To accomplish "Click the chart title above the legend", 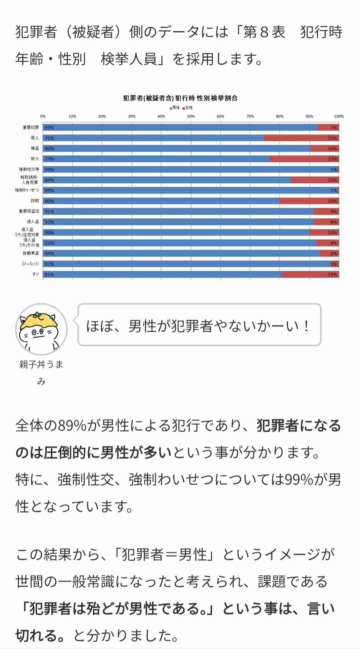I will pyautogui.click(x=180, y=98).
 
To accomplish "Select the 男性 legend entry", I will pyautogui.click(x=175, y=108).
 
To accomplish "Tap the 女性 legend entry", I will pyautogui.click(x=188, y=108).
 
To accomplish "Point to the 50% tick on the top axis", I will pyautogui.click(x=191, y=116).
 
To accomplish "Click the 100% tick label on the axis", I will pyautogui.click(x=339, y=116).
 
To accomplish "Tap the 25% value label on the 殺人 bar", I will pyautogui.click(x=332, y=138).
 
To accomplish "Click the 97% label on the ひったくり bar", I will pyautogui.click(x=49, y=264).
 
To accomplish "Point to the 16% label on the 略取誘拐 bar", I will pyautogui.click(x=332, y=180).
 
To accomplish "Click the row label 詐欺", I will pyautogui.click(x=35, y=201).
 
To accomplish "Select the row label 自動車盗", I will pyautogui.click(x=33, y=253).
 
